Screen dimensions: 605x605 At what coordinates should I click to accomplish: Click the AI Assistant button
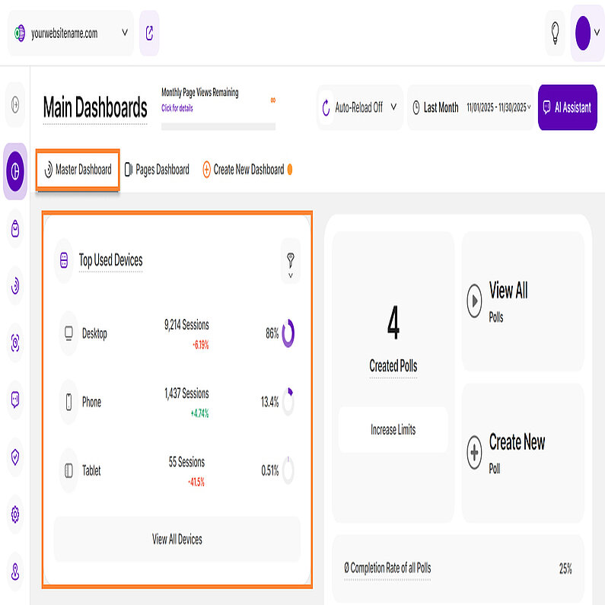coord(567,107)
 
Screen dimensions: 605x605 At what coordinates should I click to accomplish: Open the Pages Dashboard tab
coord(157,170)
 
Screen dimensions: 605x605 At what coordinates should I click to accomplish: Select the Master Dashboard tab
coord(78,170)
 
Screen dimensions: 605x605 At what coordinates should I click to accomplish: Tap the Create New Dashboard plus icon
coord(206,170)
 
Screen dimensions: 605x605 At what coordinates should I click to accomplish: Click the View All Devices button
coord(177,539)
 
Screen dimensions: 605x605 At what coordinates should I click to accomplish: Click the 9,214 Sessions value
coord(186,324)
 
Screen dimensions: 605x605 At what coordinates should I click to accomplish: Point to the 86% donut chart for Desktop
coord(288,333)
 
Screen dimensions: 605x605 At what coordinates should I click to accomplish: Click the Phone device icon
coord(68,402)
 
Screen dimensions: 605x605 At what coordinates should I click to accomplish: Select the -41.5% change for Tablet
coord(196,482)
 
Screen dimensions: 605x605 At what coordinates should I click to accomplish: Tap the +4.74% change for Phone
coord(199,414)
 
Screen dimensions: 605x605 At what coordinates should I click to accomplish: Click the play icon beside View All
coord(474,301)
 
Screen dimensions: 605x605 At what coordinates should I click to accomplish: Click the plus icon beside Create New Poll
coord(474,452)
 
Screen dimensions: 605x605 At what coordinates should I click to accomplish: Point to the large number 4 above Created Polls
coord(393,323)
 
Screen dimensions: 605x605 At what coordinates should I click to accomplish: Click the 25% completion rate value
coord(565,568)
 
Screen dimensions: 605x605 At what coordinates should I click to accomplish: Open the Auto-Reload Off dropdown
coord(360,107)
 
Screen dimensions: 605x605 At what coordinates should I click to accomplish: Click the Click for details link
coord(177,108)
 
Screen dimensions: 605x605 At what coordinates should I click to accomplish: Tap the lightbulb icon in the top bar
coord(555,33)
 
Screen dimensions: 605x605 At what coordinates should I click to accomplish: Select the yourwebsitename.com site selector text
coord(64,33)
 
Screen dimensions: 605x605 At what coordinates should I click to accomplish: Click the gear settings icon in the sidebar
coord(15,514)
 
